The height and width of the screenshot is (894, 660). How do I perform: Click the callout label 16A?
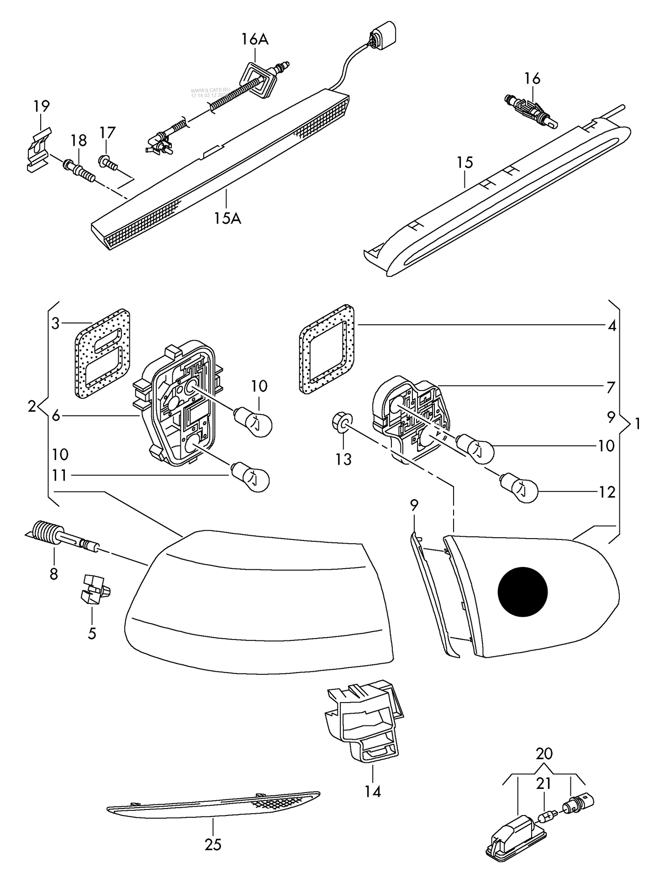tap(255, 40)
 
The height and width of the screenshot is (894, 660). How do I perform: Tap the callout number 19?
tap(41, 106)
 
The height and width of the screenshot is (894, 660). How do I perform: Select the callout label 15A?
tap(227, 218)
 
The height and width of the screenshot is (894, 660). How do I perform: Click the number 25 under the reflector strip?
tap(213, 845)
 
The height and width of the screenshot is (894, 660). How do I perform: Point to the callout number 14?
tap(373, 791)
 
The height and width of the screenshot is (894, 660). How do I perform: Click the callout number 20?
tap(544, 753)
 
